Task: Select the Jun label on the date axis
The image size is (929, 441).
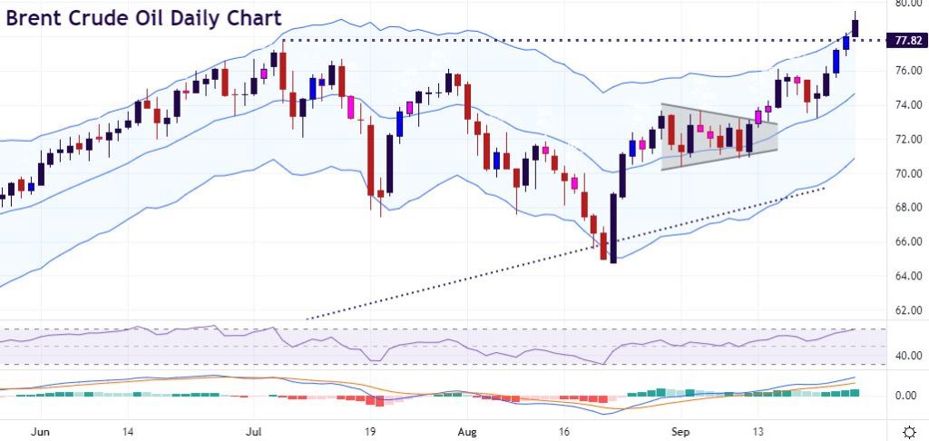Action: (x=39, y=430)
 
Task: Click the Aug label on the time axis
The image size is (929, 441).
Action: (x=466, y=430)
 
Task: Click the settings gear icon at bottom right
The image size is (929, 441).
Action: (x=908, y=430)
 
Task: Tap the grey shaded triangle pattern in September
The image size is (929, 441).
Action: (x=717, y=136)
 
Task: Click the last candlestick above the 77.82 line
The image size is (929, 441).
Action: (x=856, y=27)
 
